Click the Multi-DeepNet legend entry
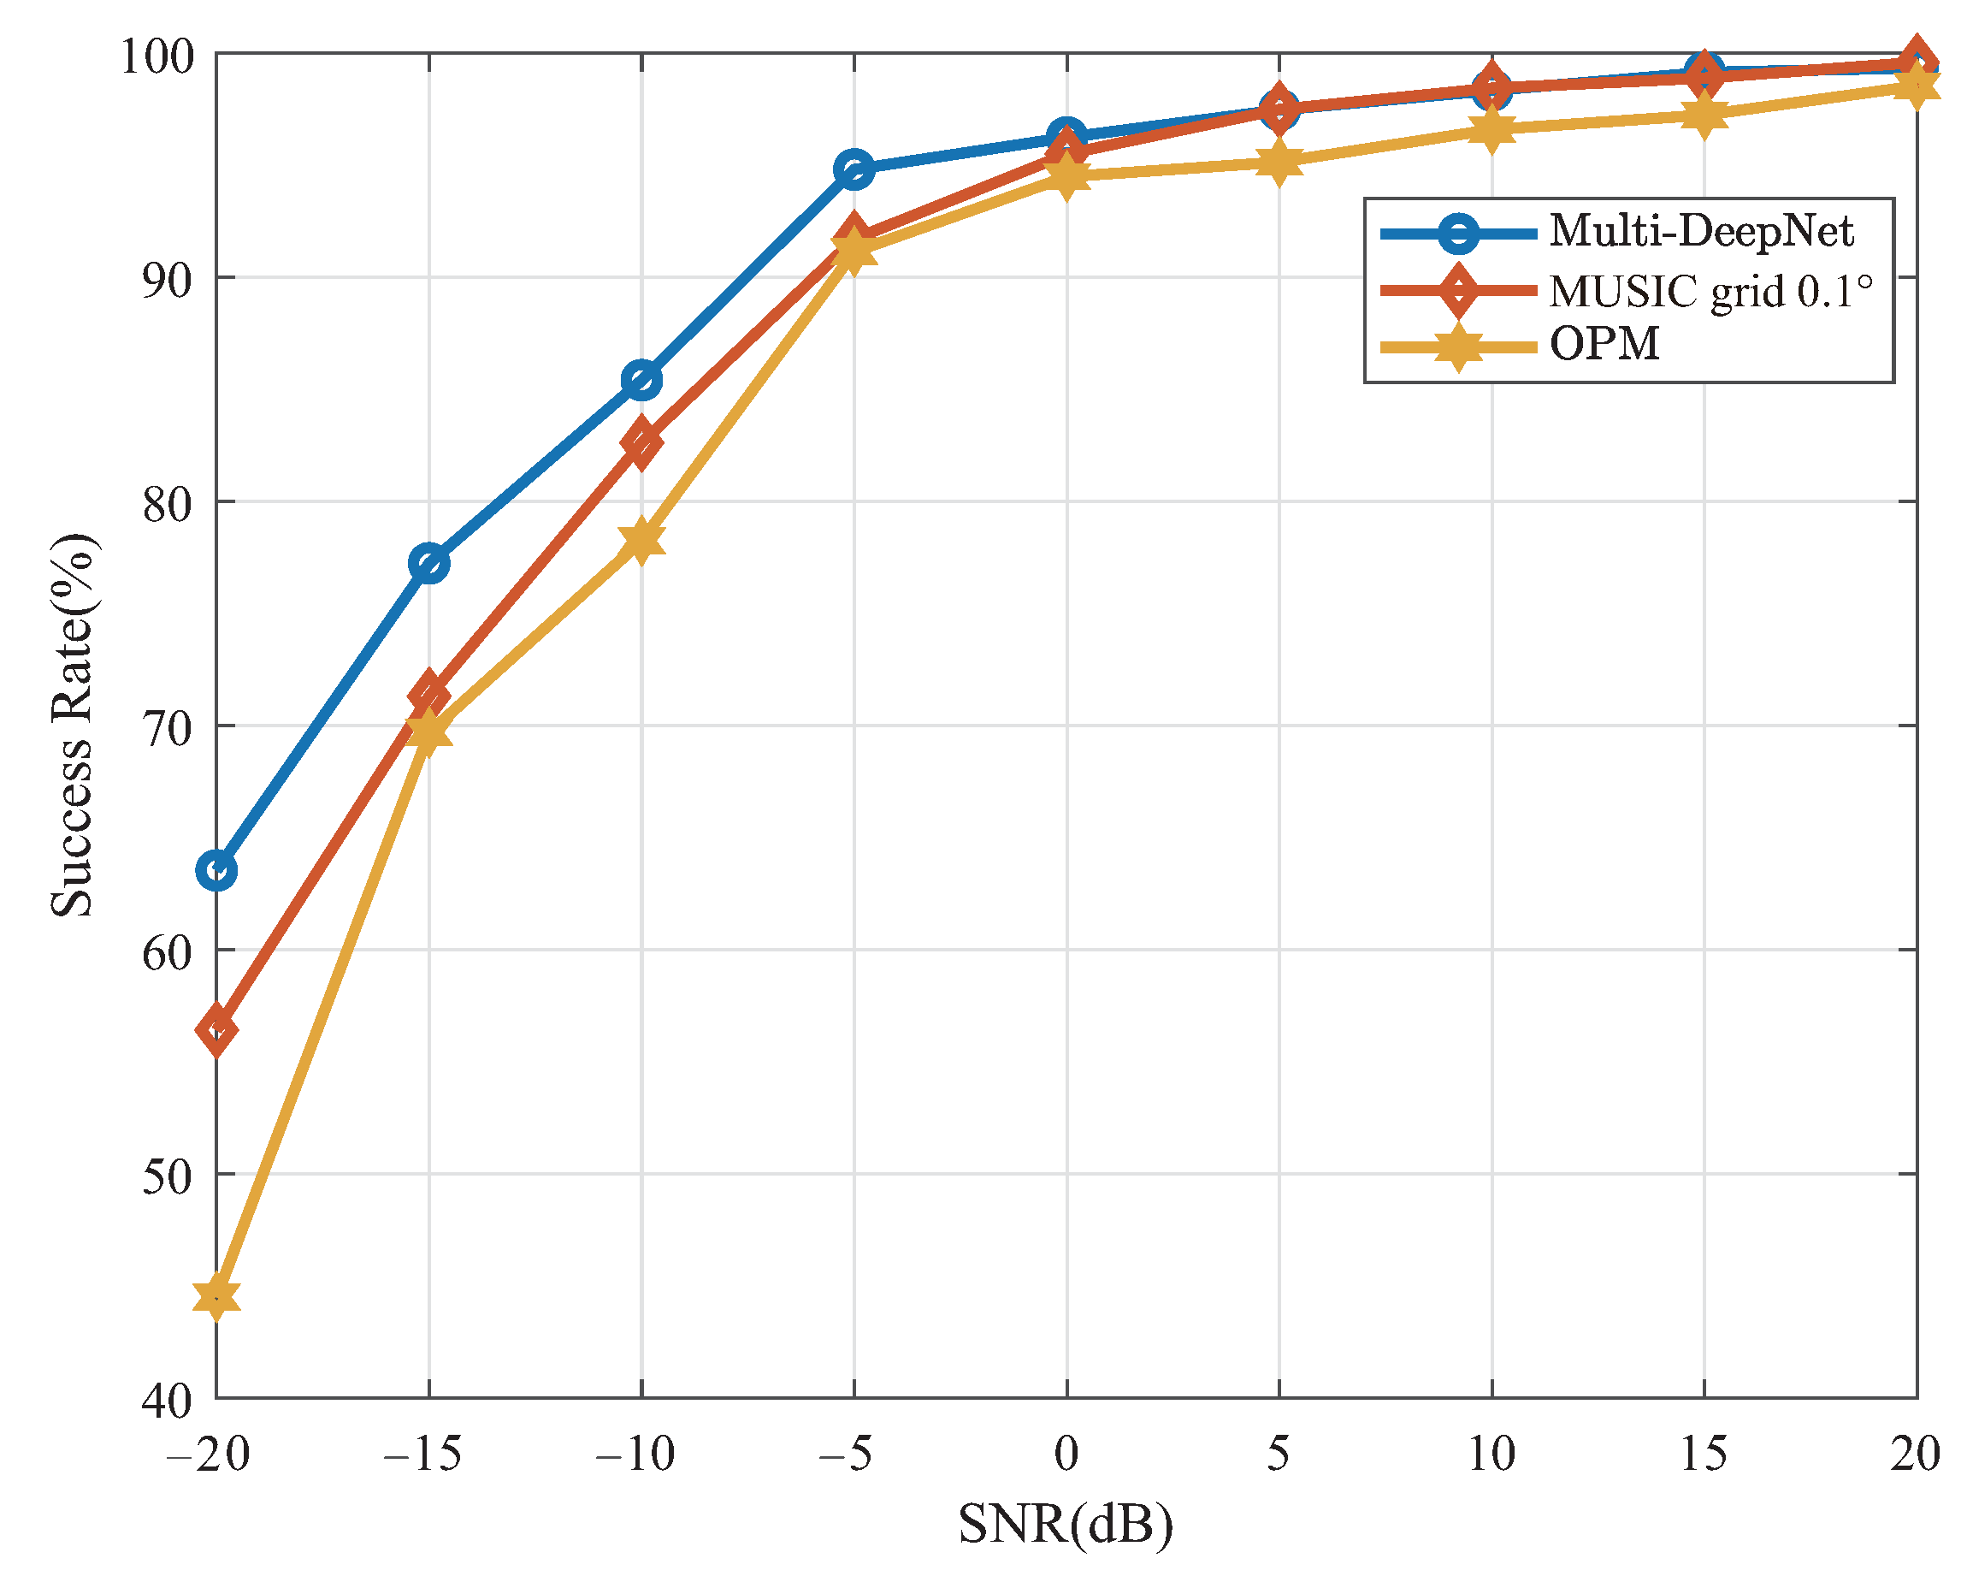1699,231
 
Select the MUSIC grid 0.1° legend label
1710,292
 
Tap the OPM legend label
1604,345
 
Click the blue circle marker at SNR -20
216,871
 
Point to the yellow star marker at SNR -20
216,1296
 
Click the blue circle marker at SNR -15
428,563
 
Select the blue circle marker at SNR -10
641,380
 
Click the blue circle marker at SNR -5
854,169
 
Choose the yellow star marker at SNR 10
1491,128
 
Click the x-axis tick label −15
422,1453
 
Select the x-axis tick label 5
1279,1453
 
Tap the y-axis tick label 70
168,727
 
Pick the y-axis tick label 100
158,56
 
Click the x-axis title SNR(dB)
1065,1523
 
